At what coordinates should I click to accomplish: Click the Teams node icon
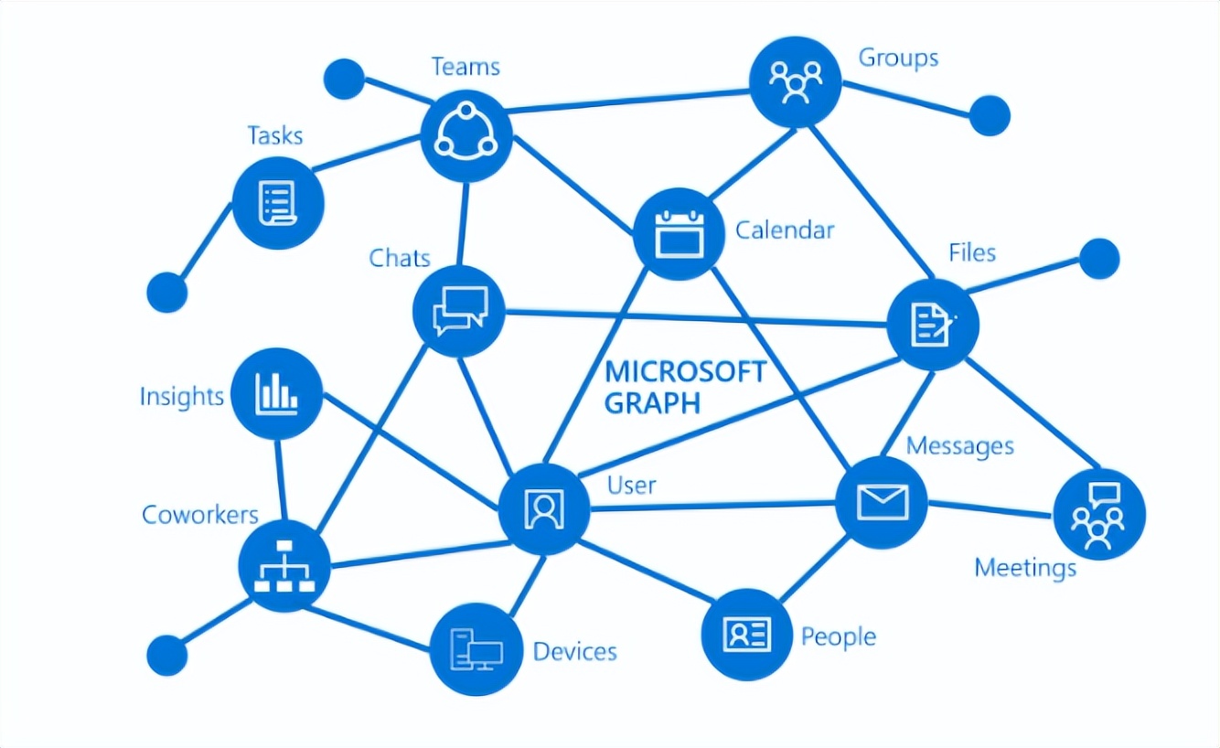tap(466, 136)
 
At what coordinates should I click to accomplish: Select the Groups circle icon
tap(795, 81)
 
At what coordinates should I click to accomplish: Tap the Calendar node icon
tap(679, 234)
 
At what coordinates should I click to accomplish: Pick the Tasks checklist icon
tap(278, 203)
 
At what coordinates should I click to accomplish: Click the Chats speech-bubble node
tap(458, 312)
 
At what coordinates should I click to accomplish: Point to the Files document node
tap(933, 325)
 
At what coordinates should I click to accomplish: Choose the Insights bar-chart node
tap(277, 393)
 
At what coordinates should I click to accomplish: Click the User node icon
tap(544, 509)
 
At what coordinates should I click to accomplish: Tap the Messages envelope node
tap(882, 503)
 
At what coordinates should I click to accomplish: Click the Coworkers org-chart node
tap(284, 566)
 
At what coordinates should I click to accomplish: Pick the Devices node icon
tap(476, 649)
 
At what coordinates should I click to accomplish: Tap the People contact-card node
tap(746, 635)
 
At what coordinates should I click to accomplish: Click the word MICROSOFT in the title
tap(686, 372)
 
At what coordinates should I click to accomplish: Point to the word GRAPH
tap(652, 403)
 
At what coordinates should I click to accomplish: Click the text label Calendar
tap(785, 230)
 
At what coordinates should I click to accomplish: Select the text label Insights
tap(181, 396)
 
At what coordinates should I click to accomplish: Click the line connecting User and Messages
tap(713, 507)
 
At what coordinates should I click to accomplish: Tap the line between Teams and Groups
tap(628, 102)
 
